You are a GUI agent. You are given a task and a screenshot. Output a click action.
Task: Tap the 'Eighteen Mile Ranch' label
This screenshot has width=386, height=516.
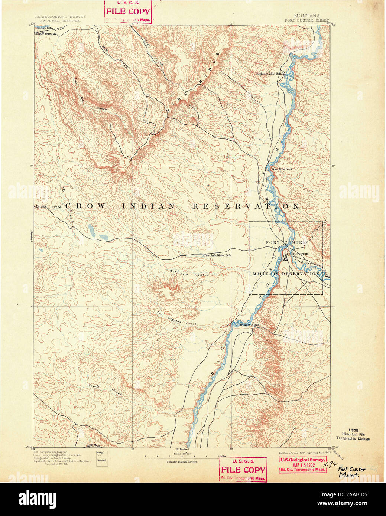(270, 74)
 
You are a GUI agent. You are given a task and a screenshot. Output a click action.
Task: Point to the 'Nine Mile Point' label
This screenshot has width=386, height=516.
(282, 169)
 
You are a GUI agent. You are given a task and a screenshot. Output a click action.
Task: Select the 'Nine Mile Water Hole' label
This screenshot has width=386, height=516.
(217, 255)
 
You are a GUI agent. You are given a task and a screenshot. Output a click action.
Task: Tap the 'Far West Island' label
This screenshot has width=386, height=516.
(249, 325)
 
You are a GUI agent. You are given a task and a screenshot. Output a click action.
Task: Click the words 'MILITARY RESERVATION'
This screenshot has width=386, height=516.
(286, 274)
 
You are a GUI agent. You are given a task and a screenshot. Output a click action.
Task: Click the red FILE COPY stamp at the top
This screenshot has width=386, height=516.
(128, 12)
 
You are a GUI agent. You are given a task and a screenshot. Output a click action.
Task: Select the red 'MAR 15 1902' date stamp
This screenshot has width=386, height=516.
(303, 465)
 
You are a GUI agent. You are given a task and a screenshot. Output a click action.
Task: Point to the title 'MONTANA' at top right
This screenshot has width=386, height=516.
(306, 16)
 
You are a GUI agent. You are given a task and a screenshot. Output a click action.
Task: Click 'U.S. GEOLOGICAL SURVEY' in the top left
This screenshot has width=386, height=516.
(59, 17)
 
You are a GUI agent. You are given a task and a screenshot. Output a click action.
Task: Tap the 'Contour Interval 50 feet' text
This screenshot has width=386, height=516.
(182, 461)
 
